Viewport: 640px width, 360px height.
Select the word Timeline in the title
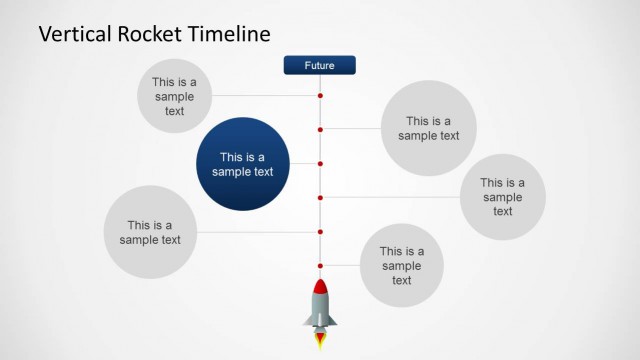[x=232, y=34]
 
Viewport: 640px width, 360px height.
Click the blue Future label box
[x=319, y=66]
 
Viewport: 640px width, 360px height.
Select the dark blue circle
[x=242, y=164]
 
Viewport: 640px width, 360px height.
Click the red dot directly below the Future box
[x=320, y=96]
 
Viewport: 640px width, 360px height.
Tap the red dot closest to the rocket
[x=320, y=266]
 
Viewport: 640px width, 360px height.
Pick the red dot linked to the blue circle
[x=320, y=163]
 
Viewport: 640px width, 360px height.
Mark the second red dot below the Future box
[x=320, y=129]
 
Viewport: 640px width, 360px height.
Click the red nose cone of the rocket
[x=320, y=288]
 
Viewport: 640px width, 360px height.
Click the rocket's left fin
[x=308, y=321]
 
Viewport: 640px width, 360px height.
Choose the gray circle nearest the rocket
[x=401, y=265]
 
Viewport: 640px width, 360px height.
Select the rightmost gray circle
[x=502, y=197]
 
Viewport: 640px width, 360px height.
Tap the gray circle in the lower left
[x=150, y=232]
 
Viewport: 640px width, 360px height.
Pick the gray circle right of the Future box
[x=428, y=128]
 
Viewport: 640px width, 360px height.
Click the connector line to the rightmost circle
[x=390, y=197]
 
